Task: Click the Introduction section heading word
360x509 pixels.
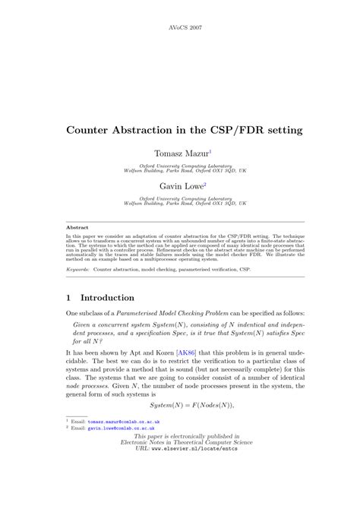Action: (x=107, y=298)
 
